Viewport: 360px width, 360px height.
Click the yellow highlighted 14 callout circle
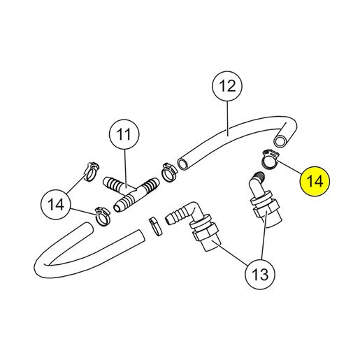315,181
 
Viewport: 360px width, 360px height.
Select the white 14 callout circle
56,204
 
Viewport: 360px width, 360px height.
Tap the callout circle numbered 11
124,134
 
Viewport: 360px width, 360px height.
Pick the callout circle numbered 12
227,86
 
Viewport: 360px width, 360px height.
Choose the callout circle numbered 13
260,274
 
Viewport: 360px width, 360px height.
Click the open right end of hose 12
280,141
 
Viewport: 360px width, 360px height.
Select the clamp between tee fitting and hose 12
169,171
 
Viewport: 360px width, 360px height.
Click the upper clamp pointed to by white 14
92,171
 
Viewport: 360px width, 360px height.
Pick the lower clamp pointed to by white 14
103,216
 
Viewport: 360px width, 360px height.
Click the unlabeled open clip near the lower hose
155,226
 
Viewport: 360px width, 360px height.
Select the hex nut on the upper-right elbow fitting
267,208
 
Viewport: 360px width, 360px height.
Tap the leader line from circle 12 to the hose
227,118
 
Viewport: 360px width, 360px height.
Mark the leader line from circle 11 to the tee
125,168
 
